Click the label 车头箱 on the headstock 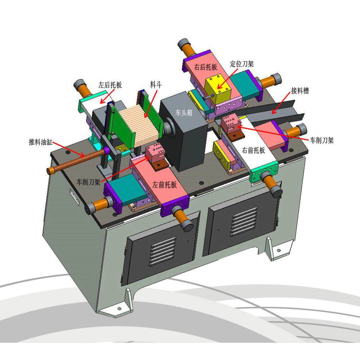click(184, 113)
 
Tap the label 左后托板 click(110, 85)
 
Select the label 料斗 click(156, 85)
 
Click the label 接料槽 click(300, 91)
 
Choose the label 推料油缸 click(41, 142)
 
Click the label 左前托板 click(165, 185)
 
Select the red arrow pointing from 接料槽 click(281, 104)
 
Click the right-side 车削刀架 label click(322, 140)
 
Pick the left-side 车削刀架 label click(88, 182)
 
